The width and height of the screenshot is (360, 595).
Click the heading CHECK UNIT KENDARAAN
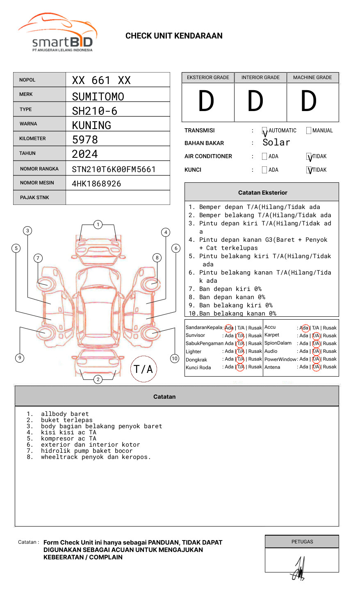pyautogui.click(x=174, y=36)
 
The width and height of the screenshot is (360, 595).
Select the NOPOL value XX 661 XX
pyautogui.click(x=101, y=80)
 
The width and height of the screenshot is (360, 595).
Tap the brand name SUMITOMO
pyautogui.click(x=98, y=97)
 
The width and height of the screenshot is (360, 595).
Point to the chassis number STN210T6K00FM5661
pyautogui.click(x=114, y=169)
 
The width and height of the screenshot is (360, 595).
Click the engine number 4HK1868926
pyautogui.click(x=96, y=184)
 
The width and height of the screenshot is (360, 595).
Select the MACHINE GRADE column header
pyautogui.click(x=312, y=77)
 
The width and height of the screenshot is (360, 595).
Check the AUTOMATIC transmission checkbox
pyautogui.click(x=264, y=131)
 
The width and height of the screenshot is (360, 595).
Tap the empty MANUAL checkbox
pyautogui.click(x=309, y=131)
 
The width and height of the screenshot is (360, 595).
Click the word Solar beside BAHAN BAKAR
pyautogui.click(x=276, y=143)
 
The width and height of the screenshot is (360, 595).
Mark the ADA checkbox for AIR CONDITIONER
pyautogui.click(x=264, y=157)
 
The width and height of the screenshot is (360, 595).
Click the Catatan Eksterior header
pyautogui.click(x=262, y=193)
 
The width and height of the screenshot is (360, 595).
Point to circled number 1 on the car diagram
pyautogui.click(x=98, y=225)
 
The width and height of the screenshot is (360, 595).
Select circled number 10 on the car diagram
pyautogui.click(x=175, y=359)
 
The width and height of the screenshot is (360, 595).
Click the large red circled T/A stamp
pyautogui.click(x=144, y=369)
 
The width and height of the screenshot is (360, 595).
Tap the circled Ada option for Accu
pyautogui.click(x=304, y=328)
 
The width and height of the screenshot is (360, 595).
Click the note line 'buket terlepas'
pyautogui.click(x=66, y=420)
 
